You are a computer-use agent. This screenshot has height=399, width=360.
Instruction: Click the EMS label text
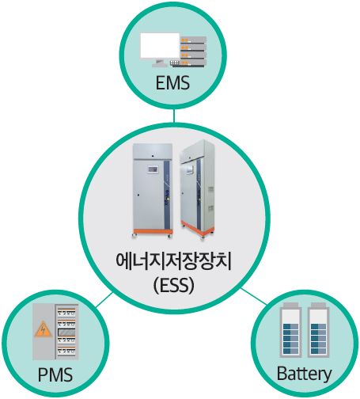pos(172,83)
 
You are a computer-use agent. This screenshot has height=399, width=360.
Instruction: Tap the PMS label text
pos(55,374)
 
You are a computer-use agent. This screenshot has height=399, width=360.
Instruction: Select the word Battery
pos(304,374)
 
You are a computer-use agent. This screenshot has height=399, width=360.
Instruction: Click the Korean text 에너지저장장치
pos(174,261)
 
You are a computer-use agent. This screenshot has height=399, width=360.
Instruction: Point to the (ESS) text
pos(174,286)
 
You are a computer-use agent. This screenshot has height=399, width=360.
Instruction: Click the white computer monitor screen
pos(160,47)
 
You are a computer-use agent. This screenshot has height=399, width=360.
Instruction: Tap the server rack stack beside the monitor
pos(193,51)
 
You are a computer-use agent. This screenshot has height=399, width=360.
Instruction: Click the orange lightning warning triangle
pos(43,329)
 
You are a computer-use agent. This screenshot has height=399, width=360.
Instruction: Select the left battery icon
pos(291,330)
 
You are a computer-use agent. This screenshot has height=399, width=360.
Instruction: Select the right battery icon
pos(318,330)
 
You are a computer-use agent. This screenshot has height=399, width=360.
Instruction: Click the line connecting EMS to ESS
pos(174,116)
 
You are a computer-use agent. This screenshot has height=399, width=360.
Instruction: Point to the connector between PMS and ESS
pos(104,300)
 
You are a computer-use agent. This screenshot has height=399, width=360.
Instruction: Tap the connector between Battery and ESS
pos(253,296)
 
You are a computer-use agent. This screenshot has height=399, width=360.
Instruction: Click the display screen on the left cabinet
pos(153,169)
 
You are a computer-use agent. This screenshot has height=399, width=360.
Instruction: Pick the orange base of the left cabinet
pos(153,231)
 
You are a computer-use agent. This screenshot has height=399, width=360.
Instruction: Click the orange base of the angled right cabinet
pos(197,229)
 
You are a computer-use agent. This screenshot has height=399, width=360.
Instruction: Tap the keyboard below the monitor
pos(175,63)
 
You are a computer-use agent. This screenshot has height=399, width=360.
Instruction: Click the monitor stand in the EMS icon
pos(159,63)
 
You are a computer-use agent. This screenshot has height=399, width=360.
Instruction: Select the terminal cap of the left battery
pos(291,305)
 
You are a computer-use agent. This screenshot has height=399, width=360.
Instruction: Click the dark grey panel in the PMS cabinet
pos(66,332)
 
